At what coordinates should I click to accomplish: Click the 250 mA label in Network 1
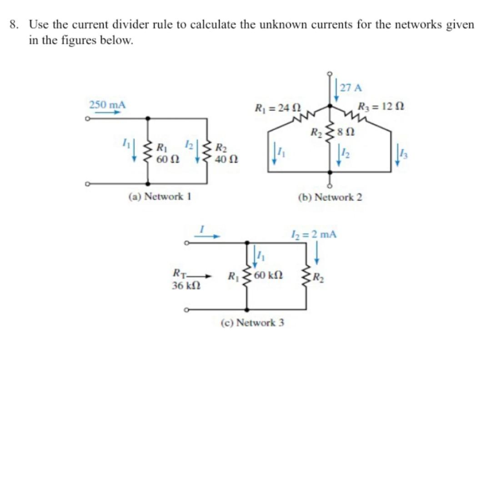tap(107, 104)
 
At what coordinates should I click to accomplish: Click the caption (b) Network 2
tap(330, 197)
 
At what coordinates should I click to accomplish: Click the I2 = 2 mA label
tap(313, 235)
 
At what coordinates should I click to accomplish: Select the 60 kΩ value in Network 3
tap(269, 275)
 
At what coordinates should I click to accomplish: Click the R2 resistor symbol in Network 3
tap(304, 276)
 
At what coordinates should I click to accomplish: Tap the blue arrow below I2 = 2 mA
tap(317, 252)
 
